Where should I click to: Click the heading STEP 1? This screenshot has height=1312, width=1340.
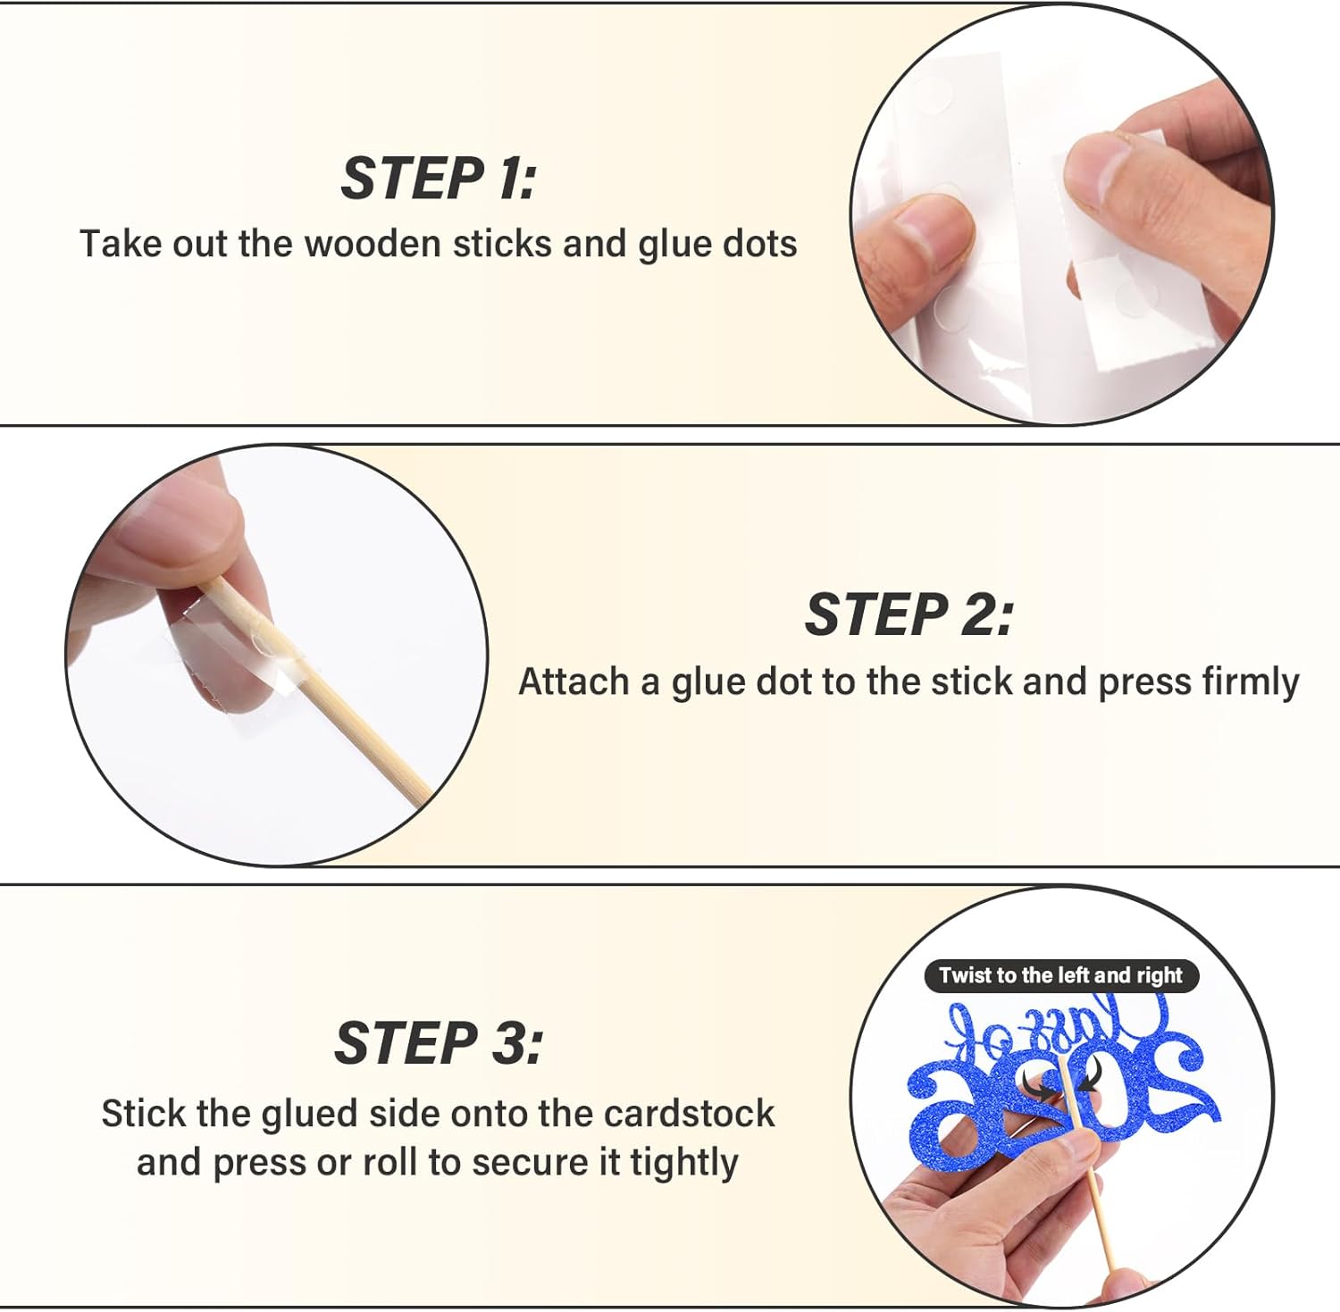(x=439, y=178)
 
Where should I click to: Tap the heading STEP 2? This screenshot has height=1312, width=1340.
(x=909, y=614)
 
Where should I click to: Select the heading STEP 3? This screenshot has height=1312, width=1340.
(x=439, y=1042)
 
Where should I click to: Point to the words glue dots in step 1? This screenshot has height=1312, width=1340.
(x=717, y=244)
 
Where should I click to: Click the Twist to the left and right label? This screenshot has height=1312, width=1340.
(x=1061, y=975)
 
